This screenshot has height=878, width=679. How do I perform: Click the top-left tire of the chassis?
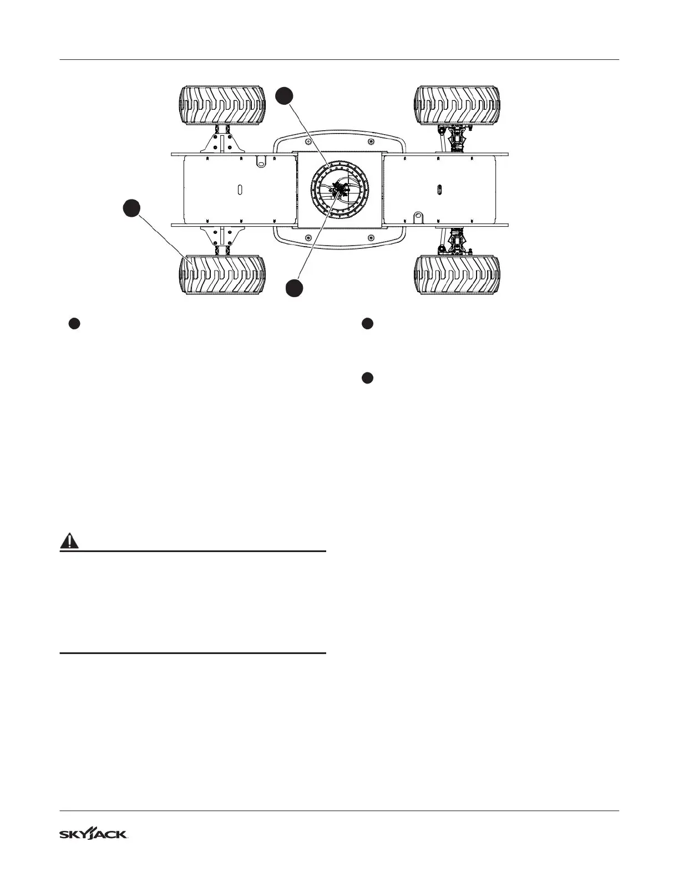(222, 105)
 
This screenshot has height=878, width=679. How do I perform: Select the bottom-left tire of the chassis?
(222, 275)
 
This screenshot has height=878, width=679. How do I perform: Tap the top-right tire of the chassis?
(458, 105)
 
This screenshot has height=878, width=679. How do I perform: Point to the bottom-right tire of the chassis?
(458, 275)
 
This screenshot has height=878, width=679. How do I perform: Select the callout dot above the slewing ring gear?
(284, 95)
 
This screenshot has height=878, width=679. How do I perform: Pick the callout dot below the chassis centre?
(295, 288)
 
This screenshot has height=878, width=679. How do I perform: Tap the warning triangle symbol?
(69, 540)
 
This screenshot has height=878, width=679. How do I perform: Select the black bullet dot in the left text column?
(75, 324)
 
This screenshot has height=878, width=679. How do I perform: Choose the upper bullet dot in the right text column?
(367, 324)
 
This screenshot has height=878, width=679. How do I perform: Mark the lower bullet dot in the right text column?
(367, 378)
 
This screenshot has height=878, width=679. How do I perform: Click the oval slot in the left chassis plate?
(240, 189)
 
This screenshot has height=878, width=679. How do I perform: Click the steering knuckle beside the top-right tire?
(458, 136)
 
